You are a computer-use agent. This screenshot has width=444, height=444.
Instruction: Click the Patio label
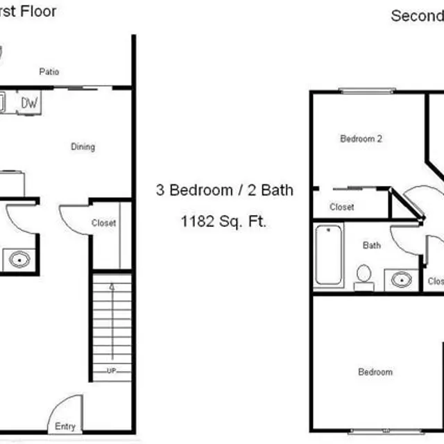pos(49,71)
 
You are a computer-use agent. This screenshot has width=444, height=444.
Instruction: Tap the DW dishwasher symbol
pos(29,103)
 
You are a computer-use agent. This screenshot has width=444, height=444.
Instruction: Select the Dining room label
pos(83,147)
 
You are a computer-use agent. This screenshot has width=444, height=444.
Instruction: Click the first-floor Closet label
pos(103,223)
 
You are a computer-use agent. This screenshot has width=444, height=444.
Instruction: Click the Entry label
pos(65,427)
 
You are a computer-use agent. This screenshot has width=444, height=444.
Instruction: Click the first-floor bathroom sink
pos(19,261)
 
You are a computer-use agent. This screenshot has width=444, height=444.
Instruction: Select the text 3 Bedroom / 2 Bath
pos(224,190)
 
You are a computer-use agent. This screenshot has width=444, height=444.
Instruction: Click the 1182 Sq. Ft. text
pos(224,222)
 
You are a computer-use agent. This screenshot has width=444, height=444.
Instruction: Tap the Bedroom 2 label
pos(361,139)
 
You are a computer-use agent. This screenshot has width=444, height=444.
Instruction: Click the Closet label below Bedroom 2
pos(342,207)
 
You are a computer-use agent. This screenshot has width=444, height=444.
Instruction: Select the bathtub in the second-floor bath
pos(328,255)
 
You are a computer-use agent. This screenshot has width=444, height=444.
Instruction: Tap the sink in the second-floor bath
pos(401,280)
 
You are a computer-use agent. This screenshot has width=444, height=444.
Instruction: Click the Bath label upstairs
pos(372,245)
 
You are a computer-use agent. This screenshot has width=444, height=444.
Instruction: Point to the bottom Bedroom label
pos(375,373)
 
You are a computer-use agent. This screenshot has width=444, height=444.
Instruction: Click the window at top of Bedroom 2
pos(367,90)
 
